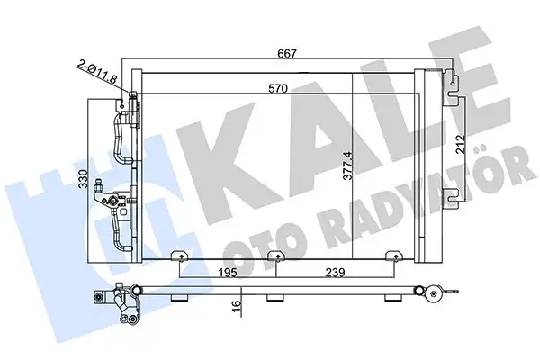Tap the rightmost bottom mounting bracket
coord(393,258)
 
